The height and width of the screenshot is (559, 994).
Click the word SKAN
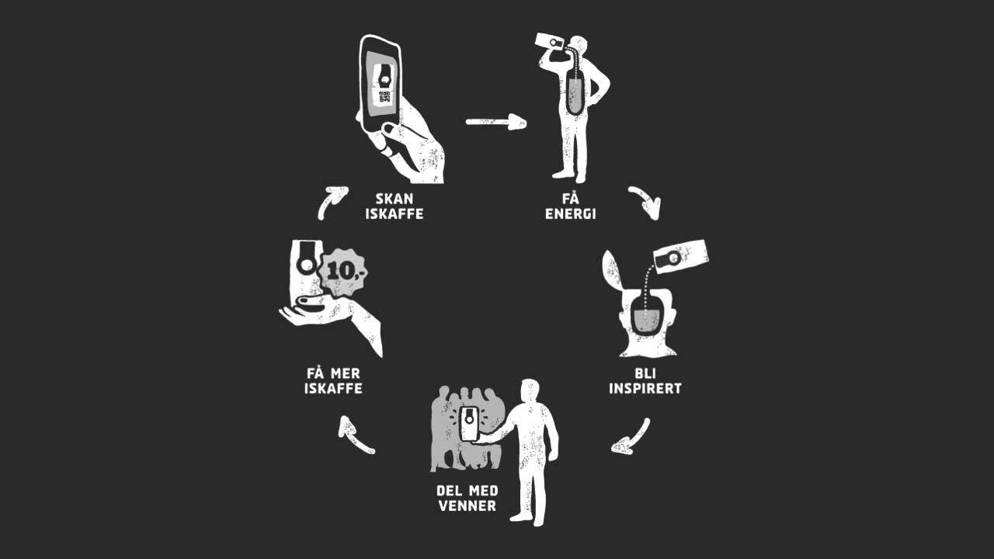coord(394,198)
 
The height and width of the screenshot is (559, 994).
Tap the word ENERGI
coord(570,214)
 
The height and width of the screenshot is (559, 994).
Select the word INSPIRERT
coord(645,388)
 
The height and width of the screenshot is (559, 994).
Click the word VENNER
coord(467,505)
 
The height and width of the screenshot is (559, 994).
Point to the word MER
coord(346,373)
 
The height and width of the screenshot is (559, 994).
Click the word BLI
coord(645,373)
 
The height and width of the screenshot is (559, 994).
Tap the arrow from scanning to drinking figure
coord(496,122)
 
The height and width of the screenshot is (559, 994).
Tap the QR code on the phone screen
coord(384,97)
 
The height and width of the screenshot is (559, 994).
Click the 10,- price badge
coord(343,273)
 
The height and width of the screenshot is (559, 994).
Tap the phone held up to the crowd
coord(468,423)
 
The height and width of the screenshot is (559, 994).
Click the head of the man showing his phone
coord(530,391)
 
